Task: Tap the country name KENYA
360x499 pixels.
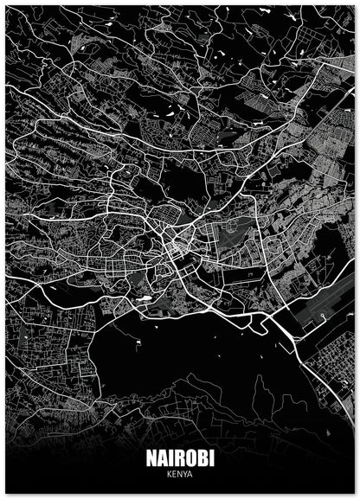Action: [x=179, y=476]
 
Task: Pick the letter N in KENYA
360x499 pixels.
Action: [x=179, y=476]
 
